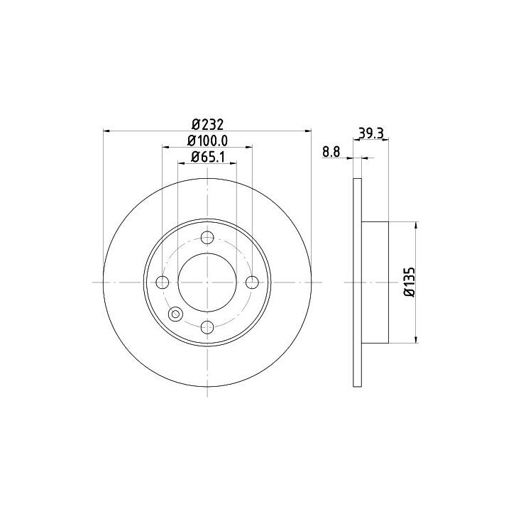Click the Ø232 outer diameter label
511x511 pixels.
(207, 124)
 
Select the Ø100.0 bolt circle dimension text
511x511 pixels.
(207, 141)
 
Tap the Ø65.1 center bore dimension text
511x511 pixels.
(208, 157)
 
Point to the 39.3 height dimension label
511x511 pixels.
(371, 133)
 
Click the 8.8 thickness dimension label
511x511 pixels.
(331, 152)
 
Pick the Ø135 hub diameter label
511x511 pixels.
(410, 282)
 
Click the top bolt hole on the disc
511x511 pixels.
(207, 237)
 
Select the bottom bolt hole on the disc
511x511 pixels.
(207, 327)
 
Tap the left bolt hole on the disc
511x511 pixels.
(163, 282)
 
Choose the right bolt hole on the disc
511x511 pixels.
(252, 282)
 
